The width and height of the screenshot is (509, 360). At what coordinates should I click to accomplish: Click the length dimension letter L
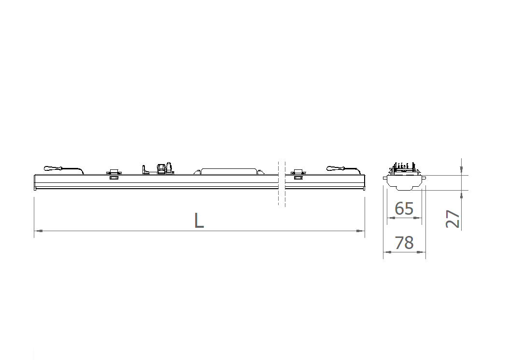click(x=199, y=221)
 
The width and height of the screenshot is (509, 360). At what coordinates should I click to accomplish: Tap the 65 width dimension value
click(x=404, y=208)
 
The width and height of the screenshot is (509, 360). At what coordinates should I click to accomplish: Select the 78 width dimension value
click(x=404, y=243)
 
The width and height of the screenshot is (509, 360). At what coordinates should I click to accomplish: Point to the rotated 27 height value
click(x=452, y=219)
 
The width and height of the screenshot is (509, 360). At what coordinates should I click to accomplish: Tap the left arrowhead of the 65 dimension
click(x=392, y=218)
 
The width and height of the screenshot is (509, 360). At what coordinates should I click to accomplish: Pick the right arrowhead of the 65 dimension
click(x=417, y=218)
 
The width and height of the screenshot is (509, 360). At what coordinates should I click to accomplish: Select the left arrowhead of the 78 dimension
click(x=387, y=252)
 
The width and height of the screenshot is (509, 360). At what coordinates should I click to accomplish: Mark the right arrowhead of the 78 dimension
click(x=422, y=252)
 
